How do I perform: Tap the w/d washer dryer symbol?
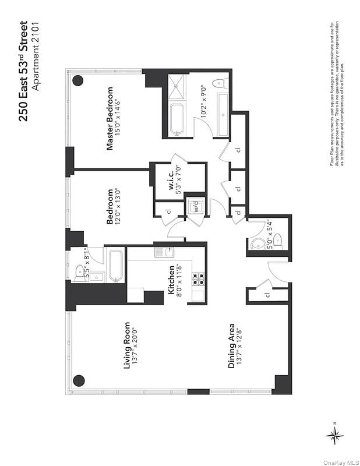(x=196, y=207)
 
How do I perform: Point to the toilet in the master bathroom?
(x=221, y=83)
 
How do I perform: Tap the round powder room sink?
(x=255, y=246)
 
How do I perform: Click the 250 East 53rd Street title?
(x=24, y=71)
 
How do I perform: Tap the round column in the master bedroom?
(x=77, y=81)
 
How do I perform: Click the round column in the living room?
(x=79, y=381)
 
